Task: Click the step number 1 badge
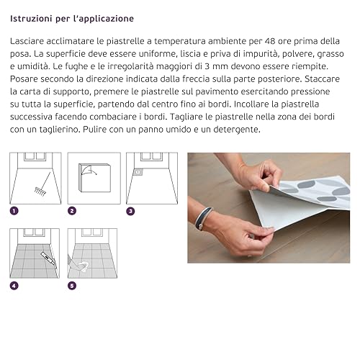tap(14, 211)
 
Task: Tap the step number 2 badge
tap(72, 211)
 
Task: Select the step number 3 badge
tap(130, 211)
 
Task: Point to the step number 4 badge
tap(14, 286)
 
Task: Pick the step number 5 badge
tap(72, 286)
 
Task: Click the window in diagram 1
tap(35, 156)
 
